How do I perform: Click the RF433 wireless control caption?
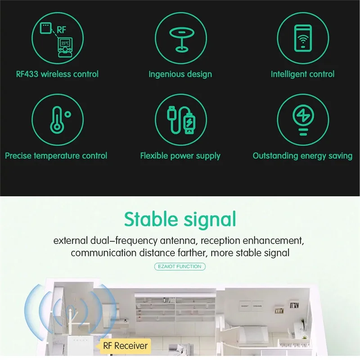[57, 74]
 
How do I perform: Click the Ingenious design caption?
[180, 74]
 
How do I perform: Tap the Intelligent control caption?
[302, 74]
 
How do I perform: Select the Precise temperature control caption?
[56, 156]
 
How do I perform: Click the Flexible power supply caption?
[180, 156]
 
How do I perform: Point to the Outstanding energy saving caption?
[302, 156]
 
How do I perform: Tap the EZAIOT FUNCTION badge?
[180, 266]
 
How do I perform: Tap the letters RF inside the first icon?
[61, 30]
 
